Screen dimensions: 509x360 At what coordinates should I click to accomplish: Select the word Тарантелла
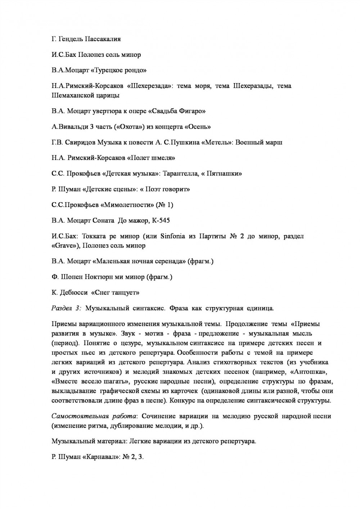[x=181, y=173]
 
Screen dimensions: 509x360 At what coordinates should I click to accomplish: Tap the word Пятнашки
[x=226, y=173]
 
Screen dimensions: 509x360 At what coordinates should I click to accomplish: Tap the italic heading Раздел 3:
[x=67, y=308]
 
